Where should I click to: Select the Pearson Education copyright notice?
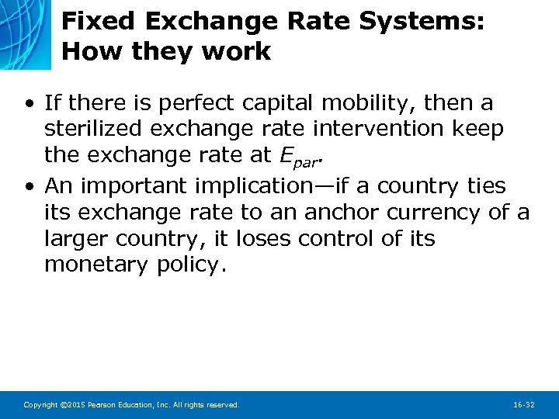(131, 405)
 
